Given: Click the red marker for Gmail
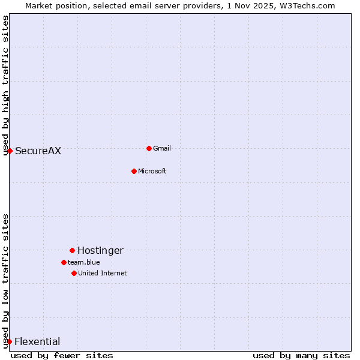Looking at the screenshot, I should (149, 148).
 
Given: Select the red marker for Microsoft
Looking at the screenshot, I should (134, 171).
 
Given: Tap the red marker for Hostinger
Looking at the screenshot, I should (72, 250).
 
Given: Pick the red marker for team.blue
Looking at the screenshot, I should (64, 262).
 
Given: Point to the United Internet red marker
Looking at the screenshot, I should (74, 273).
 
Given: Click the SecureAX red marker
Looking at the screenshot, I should (10, 151).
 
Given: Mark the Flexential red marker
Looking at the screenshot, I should (9, 341).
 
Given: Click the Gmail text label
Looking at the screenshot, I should (162, 148).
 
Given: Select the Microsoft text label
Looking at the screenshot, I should (152, 171).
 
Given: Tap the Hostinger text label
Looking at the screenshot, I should (100, 250).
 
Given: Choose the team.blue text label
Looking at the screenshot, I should (83, 262).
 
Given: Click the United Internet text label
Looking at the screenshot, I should (102, 273).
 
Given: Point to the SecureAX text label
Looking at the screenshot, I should (38, 151).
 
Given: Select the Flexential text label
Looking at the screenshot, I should (37, 341).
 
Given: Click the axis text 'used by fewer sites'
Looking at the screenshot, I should (62, 355).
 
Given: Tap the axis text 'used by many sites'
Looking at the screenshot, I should (301, 355).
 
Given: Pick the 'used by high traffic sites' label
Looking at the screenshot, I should (6, 85).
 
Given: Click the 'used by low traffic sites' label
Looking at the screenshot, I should (6, 280).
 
